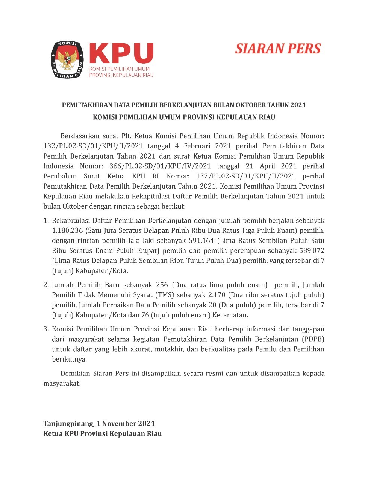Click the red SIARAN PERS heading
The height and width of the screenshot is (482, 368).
tap(278, 49)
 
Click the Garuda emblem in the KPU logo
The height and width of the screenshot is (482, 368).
tap(68, 60)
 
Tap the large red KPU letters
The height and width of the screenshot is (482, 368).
tap(121, 53)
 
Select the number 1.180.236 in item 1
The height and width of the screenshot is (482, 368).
tap(67, 230)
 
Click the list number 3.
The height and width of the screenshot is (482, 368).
tap(46, 329)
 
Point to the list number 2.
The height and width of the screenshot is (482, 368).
tap(46, 285)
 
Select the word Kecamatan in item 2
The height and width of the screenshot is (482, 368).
tap(230, 315)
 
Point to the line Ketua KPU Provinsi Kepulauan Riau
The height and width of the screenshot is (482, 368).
tap(103, 433)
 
